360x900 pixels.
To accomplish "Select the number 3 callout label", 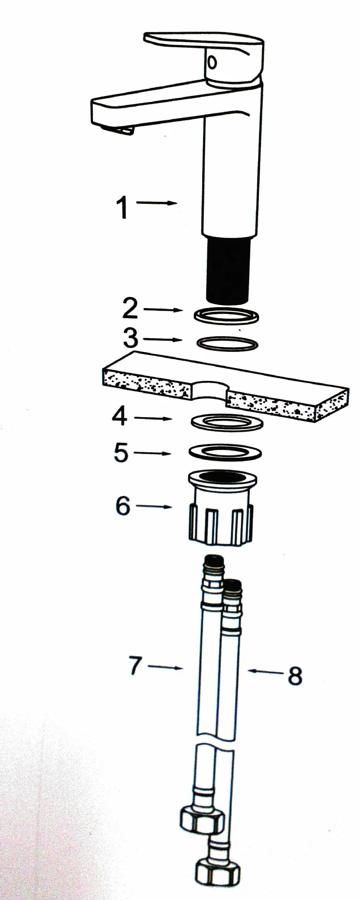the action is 131,338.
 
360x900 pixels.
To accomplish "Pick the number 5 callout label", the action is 121,452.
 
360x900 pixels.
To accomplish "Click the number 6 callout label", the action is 123,506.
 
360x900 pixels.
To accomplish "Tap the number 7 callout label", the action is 136,665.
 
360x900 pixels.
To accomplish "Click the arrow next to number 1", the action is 157,203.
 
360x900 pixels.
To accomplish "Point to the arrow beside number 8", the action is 265,672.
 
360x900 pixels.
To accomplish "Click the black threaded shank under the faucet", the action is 227,270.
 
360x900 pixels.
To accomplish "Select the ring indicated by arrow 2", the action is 227,316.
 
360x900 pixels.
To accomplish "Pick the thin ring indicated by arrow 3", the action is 227,343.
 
